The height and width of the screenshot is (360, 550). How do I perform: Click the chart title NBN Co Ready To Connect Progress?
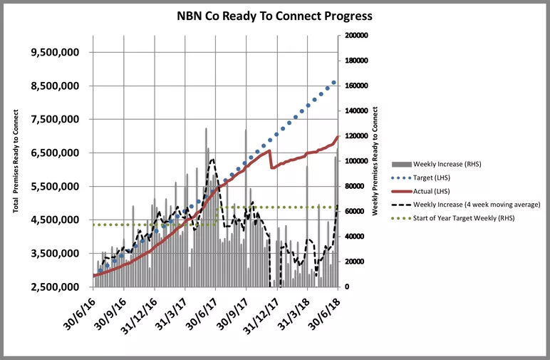pos(274,15)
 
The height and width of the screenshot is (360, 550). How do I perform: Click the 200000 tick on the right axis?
pos(356,35)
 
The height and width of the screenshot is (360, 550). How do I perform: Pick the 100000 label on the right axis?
pos(356,161)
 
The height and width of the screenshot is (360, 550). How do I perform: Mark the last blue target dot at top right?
pos(333,83)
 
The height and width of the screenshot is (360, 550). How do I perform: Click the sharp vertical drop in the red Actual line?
pos(270,159)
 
